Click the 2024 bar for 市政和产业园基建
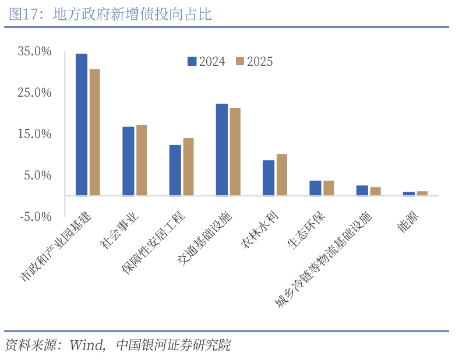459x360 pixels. pos(82,125)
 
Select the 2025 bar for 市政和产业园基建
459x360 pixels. pos(95,132)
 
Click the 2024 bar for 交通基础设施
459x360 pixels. pos(221,150)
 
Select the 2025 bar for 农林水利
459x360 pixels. pos(281,175)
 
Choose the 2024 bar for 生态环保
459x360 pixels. pos(315,188)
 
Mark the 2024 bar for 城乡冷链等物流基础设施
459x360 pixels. pos(362,190)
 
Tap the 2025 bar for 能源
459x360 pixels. pos(422,193)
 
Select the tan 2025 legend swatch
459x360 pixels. pos(239,61)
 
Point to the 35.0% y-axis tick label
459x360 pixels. pos(35,51)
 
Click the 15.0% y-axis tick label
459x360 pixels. pos(35,134)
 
